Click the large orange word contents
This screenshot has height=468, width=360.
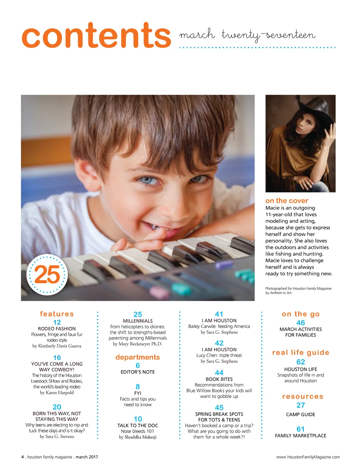(x=96, y=36)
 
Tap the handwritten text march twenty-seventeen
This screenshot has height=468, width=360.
(x=247, y=35)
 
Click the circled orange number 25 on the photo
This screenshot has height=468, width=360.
(x=47, y=274)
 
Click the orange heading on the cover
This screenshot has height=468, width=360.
(x=287, y=201)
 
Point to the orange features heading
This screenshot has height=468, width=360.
(x=57, y=314)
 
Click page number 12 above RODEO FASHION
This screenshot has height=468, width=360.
(x=57, y=322)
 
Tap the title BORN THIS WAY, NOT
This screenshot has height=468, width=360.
(x=57, y=413)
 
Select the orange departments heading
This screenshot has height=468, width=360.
(x=137, y=357)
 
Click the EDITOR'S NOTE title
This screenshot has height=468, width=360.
(x=137, y=372)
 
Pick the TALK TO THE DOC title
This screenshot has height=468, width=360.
(x=137, y=425)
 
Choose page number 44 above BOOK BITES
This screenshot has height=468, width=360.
(x=219, y=373)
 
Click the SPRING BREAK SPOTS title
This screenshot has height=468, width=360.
(x=219, y=414)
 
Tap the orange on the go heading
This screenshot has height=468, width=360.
(x=301, y=314)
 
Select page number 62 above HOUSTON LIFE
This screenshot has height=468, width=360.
(x=301, y=362)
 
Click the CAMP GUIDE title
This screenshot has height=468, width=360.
(x=301, y=415)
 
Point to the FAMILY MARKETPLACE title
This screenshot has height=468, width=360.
(x=301, y=436)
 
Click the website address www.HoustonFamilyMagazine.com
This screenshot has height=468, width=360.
(x=308, y=457)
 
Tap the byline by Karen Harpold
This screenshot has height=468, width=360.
(x=57, y=393)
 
